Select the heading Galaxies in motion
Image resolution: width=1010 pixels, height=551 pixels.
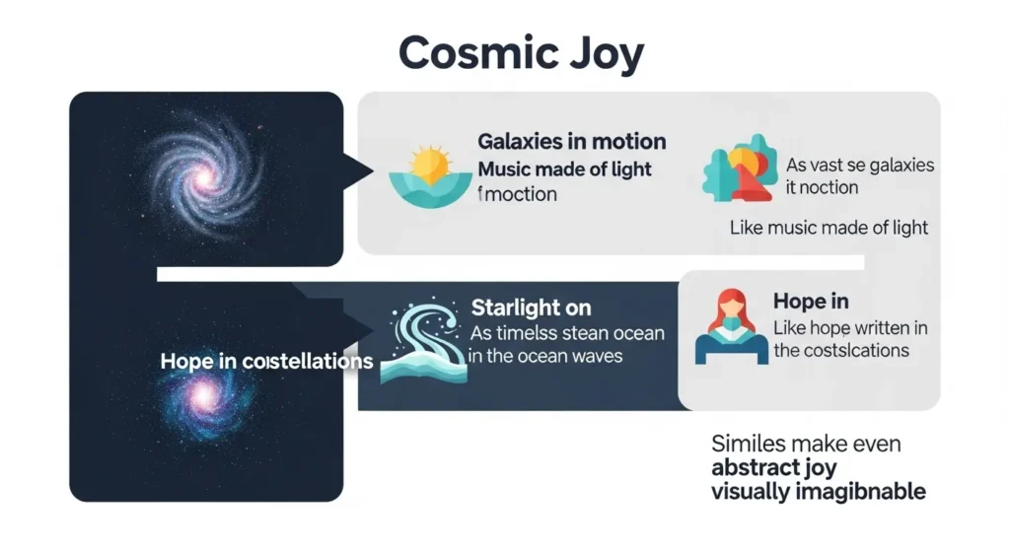[x=571, y=142]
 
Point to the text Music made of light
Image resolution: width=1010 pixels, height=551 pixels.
[x=564, y=169]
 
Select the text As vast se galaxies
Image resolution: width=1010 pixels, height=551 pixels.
[x=859, y=165]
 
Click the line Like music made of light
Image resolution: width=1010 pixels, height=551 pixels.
[x=829, y=228]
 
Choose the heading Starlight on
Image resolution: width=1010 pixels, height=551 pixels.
[x=531, y=308]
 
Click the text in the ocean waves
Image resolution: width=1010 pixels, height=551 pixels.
[x=545, y=356]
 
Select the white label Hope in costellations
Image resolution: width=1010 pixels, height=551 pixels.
[x=266, y=361]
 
